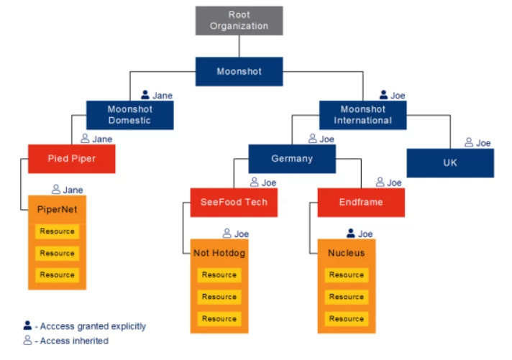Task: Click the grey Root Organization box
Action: [239, 21]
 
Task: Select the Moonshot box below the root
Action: [239, 72]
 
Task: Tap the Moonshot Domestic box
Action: [129, 115]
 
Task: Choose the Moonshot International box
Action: [363, 115]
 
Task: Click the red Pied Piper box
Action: [72, 158]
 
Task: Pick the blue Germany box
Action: [292, 159]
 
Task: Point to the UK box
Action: [450, 163]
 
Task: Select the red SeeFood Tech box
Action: [234, 203]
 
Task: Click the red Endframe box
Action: [361, 203]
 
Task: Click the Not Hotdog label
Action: [219, 253]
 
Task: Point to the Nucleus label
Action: [347, 253]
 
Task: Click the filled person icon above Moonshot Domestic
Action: [145, 95]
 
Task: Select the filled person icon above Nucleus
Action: [351, 234]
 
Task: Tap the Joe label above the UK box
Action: [483, 143]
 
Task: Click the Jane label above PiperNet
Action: [73, 190]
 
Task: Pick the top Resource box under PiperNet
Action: [58, 231]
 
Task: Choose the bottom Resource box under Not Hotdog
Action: [219, 318]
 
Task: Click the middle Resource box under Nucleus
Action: [347, 297]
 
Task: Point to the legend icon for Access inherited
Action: [27, 341]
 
